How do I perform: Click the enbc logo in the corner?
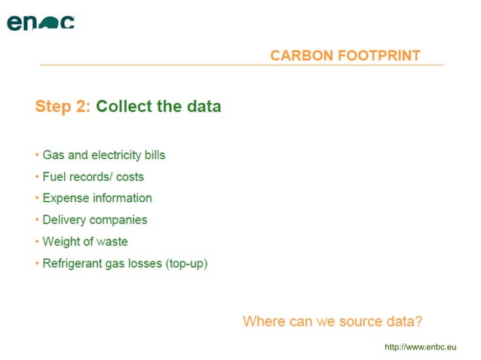[41, 22]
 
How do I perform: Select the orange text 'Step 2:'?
[63, 106]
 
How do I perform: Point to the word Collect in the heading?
[124, 106]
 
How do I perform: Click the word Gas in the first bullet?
[53, 155]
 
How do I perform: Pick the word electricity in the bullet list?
[115, 155]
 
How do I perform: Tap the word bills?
[153, 155]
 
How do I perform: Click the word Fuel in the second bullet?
[54, 177]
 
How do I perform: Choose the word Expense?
[66, 198]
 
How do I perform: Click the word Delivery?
[64, 220]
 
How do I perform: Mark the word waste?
[112, 242]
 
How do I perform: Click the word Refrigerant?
[75, 264]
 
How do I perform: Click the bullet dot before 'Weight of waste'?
[37, 242]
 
